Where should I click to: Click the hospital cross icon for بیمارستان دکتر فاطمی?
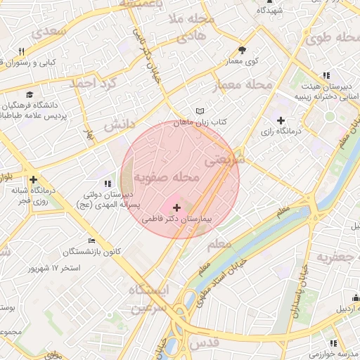(x=176, y=207)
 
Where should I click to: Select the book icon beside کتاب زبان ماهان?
(x=200, y=111)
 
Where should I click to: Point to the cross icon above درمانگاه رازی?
(x=281, y=120)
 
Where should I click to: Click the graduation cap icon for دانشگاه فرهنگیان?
(x=30, y=95)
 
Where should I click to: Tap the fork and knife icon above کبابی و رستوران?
(x=22, y=51)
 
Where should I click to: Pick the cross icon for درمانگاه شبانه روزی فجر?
(x=33, y=179)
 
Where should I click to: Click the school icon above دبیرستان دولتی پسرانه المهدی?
(x=106, y=184)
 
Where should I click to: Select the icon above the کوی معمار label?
(x=243, y=50)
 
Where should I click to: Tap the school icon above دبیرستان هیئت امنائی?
(x=325, y=75)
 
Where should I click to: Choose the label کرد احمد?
(x=92, y=83)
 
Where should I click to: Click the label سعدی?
(x=53, y=32)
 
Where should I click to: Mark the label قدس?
(x=205, y=342)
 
